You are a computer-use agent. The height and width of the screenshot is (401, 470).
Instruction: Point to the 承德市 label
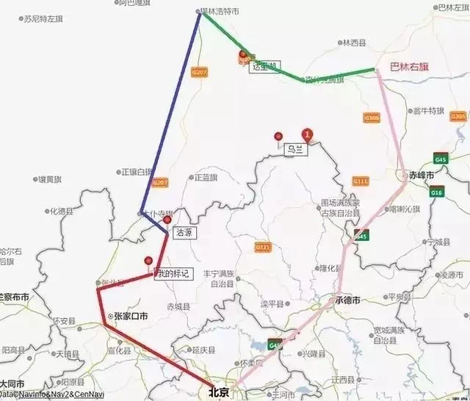click(347, 301)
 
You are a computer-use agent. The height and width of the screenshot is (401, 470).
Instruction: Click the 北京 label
click(220, 391)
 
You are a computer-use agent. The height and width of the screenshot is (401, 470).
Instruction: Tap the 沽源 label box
click(184, 231)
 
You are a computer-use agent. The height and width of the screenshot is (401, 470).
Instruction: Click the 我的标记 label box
click(173, 273)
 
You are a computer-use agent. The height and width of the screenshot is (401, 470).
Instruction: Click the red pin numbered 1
click(308, 134)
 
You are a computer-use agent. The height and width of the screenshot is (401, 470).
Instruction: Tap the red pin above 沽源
click(167, 220)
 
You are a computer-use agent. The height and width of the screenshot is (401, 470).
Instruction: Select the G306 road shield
click(372, 118)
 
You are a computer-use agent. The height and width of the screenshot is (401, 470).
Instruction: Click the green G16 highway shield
click(437, 192)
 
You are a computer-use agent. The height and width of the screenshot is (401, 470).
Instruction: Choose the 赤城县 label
click(178, 307)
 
